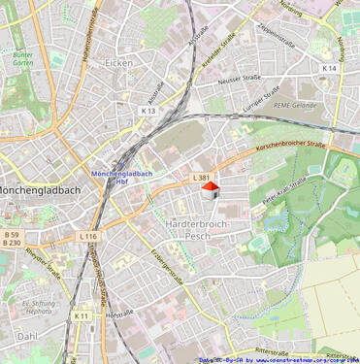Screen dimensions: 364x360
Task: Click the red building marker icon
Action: tap(210, 190)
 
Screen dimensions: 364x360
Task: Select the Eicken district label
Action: tap(118, 62)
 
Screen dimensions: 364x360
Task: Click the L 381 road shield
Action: tap(200, 178)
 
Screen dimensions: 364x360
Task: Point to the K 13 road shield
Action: tap(147, 111)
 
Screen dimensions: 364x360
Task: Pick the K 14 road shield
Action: tap(330, 68)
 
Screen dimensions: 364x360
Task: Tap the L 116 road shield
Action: tap(88, 236)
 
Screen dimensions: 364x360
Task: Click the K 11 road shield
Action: tap(82, 315)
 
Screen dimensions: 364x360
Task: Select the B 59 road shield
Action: tap(11, 234)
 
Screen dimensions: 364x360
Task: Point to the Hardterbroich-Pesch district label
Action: tap(197, 229)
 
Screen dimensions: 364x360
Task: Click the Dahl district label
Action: tap(26, 336)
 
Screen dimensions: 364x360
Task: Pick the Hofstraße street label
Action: tap(118, 314)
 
